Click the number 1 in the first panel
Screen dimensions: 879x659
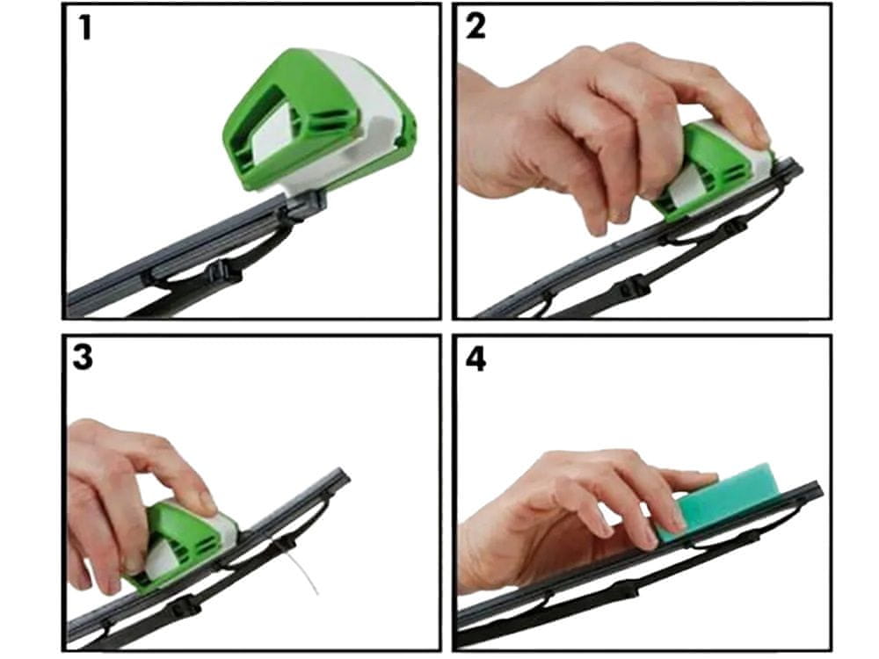pyautogui.click(x=85, y=29)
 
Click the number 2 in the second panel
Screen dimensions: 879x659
pyautogui.click(x=476, y=27)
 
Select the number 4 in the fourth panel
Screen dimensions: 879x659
pyautogui.click(x=476, y=359)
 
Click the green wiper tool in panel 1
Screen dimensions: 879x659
pyautogui.click(x=320, y=120)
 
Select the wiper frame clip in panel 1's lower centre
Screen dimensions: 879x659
pyautogui.click(x=224, y=273)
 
